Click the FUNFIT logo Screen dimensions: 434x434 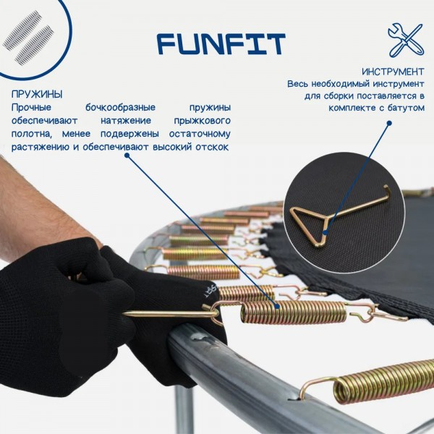tap(221, 43)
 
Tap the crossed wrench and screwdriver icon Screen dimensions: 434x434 tap(406, 40)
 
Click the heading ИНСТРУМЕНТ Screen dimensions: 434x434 tap(393, 72)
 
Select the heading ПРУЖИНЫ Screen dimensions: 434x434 tap(37, 94)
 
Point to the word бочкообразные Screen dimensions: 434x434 tap(120, 107)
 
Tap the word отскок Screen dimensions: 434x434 tap(212, 147)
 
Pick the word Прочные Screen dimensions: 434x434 tap(31, 107)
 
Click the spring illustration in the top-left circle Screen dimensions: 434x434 tap(28, 38)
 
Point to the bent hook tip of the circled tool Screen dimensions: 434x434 tap(386, 190)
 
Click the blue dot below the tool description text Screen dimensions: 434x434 tap(389, 123)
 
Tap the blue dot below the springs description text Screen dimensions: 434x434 tap(127, 156)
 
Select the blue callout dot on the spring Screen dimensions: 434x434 tap(277, 306)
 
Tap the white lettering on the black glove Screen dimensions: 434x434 tap(209, 291)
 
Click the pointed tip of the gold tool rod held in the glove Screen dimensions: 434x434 tap(124, 313)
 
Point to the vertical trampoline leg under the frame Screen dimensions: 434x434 tap(184, 409)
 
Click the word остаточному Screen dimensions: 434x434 tap(200, 134)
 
